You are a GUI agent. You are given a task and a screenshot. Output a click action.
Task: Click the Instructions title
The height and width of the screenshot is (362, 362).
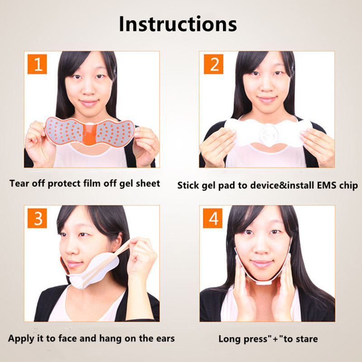click(178, 24)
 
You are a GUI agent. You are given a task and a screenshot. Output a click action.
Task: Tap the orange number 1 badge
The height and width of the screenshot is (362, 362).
click(37, 64)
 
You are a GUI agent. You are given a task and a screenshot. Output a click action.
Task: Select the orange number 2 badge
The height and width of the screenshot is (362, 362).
click(214, 64)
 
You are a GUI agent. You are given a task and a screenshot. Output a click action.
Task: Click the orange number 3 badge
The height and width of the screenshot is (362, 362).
click(37, 218)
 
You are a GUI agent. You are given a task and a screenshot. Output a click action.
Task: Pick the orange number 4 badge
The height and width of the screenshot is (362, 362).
click(213, 218)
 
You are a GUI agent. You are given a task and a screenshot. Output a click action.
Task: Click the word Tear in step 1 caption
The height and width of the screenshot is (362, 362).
click(19, 184)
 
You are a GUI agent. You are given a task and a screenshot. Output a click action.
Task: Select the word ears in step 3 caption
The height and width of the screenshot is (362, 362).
click(165, 338)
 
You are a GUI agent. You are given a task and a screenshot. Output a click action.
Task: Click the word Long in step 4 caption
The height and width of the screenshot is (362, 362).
click(229, 339)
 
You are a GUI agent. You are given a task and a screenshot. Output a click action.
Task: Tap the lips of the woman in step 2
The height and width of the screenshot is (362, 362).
click(267, 100)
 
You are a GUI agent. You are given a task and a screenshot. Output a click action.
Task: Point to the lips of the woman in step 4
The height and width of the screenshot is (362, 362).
click(262, 263)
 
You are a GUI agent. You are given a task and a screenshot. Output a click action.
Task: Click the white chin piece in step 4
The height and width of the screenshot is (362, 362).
click(263, 281)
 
